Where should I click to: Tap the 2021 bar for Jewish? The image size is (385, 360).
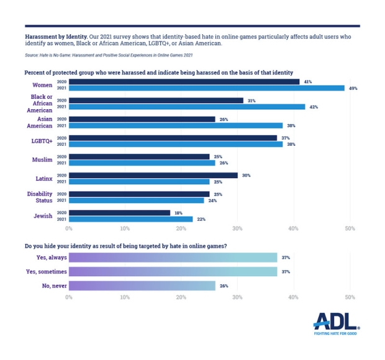(130, 219)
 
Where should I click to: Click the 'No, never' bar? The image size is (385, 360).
(142, 286)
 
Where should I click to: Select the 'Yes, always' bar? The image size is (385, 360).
(173, 257)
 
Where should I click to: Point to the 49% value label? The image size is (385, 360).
(353, 88)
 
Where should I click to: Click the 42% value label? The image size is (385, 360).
(314, 107)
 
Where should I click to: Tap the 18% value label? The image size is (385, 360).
(179, 212)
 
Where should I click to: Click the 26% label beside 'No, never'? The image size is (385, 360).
(224, 286)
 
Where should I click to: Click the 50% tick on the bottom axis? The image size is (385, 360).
(350, 297)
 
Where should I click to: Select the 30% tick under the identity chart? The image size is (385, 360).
(237, 229)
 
